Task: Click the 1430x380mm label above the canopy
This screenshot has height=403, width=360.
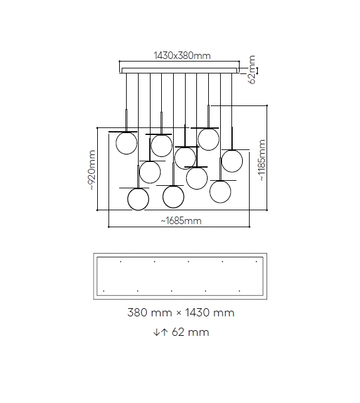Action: tap(182, 55)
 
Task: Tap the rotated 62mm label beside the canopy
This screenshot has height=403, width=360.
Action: tap(252, 70)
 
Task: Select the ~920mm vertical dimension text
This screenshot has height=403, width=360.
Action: tap(92, 170)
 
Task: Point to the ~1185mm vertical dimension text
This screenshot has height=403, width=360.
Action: tap(262, 160)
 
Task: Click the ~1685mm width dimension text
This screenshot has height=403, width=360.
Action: tap(181, 221)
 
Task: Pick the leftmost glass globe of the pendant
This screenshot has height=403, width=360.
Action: tap(126, 143)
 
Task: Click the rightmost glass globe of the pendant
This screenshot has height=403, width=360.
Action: tap(232, 161)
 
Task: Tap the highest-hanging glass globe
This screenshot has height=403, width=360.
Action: tap(208, 139)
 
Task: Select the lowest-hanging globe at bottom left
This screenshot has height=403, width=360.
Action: tap(138, 199)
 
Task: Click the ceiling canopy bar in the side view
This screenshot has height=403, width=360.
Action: tap(179, 71)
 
